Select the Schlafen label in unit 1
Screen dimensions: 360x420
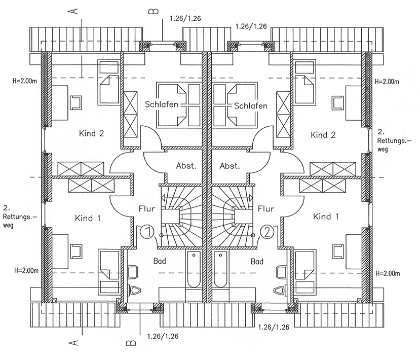click(162, 105)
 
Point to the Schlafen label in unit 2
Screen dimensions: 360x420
click(250, 105)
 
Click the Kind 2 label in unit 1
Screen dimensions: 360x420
click(91, 134)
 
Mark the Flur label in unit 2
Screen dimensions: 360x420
click(266, 208)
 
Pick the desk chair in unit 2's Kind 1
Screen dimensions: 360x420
click(337, 250)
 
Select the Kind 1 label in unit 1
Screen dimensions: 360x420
click(88, 218)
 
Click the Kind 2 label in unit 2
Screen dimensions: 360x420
click(323, 135)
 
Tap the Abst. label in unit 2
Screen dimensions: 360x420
click(230, 166)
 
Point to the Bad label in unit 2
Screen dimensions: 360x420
click(257, 262)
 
